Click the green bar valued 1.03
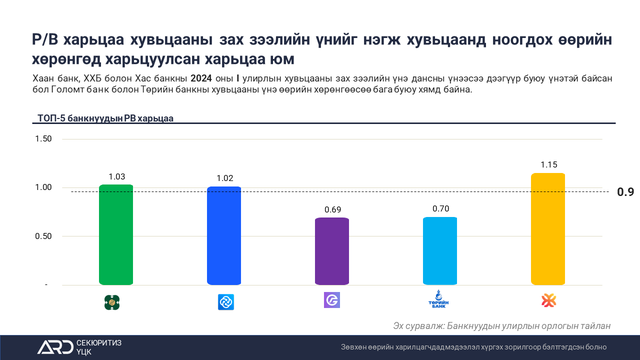tap(116, 235)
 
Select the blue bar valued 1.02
tap(224, 236)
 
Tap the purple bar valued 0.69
tap(332, 251)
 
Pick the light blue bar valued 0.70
tap(440, 251)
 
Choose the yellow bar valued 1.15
tap(548, 229)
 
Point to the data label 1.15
tap(548, 164)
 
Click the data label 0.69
tap(332, 209)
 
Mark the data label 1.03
tap(116, 176)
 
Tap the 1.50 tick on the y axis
tap(43, 138)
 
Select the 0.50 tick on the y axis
tap(43, 236)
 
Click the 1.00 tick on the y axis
tap(43, 187)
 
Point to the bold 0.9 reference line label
tap(625, 192)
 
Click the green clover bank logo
tap(112, 302)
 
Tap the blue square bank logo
tap(226, 302)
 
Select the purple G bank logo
tap(332, 300)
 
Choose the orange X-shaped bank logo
tap(549, 300)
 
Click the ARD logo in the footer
tap(55, 347)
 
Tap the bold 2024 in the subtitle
tap(201, 78)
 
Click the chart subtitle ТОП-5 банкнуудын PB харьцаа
tap(105, 118)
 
